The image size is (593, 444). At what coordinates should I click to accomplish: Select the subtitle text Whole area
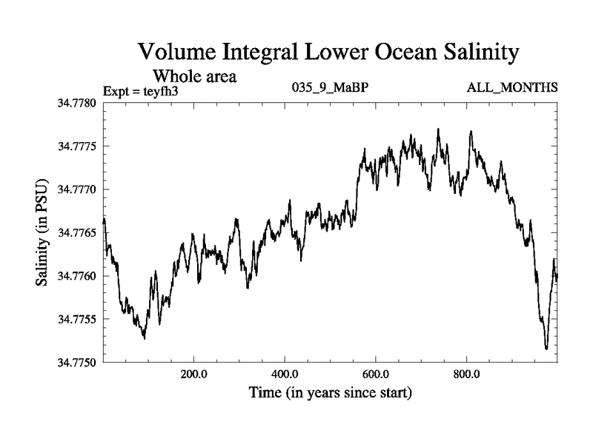pos(194,75)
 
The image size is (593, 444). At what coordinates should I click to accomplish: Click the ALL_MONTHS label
pos(511,88)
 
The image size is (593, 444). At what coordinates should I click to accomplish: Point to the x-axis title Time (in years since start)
pos(331,392)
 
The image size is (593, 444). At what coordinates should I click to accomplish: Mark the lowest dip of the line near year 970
pos(546,348)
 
